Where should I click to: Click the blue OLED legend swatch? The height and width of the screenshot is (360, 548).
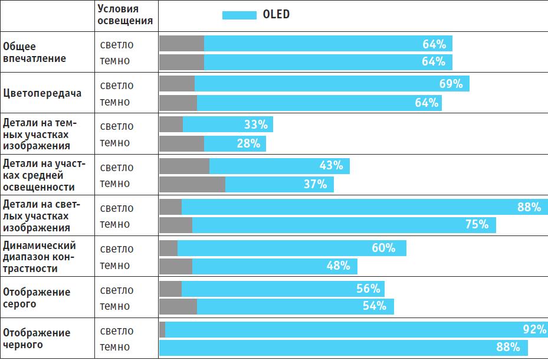point(238,15)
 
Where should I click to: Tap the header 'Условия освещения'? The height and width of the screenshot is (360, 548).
point(125,14)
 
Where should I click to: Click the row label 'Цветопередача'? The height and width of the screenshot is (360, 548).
point(42,93)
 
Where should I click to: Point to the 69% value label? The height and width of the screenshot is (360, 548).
point(451,84)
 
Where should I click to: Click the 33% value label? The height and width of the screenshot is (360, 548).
point(256,125)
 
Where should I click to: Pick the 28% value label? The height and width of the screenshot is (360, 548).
point(248,143)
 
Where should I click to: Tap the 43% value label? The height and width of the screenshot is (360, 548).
point(331,166)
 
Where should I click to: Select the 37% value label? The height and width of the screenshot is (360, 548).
point(315,184)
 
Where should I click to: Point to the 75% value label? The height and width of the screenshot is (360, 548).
point(477,224)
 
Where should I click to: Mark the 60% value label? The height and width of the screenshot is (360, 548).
point(383,248)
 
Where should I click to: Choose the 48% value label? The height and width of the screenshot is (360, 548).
point(339,266)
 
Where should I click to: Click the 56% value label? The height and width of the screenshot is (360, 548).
point(368,289)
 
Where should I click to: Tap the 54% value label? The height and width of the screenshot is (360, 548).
point(375,306)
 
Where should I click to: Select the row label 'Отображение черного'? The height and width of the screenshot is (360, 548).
point(37,339)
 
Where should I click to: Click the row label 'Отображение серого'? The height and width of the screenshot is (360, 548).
point(37,298)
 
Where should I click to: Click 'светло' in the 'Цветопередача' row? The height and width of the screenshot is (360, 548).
point(117,86)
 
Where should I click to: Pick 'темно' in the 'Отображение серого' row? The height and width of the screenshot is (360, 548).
point(115,306)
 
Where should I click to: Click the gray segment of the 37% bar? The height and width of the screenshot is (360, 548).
point(192,184)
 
